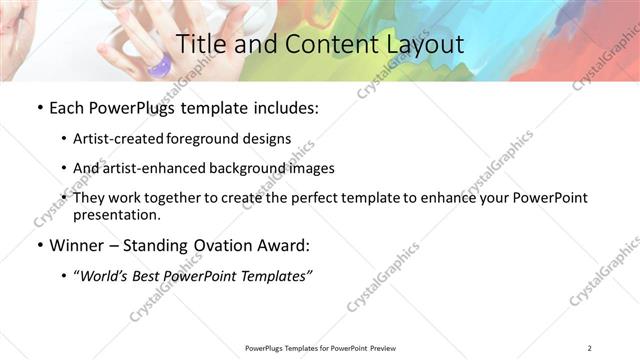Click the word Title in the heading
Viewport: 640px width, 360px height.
(198, 44)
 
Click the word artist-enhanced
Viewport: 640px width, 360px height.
(152, 168)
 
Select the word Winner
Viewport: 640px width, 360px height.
(77, 245)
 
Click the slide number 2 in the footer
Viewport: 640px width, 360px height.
(590, 348)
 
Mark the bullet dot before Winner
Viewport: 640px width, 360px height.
(39, 245)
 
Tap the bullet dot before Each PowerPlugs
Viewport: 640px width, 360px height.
(39, 108)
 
